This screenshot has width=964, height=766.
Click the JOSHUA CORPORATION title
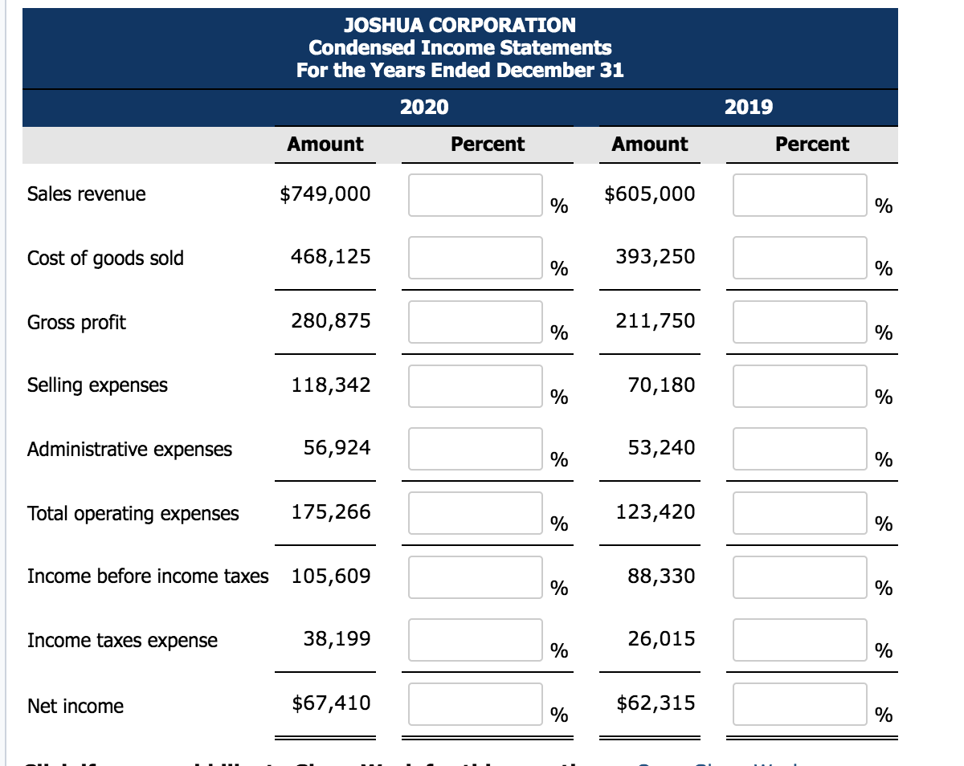460,26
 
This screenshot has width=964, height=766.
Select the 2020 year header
424,107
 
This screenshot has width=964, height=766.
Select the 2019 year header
749,107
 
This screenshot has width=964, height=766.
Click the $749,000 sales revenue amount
325,194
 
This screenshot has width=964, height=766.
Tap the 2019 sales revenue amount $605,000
650,194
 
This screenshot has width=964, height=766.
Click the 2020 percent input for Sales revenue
476,195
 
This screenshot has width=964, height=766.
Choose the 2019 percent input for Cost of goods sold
800,258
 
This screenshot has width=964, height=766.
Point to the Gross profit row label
76,323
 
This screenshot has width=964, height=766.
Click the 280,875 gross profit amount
331,321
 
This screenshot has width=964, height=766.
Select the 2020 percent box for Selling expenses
476,386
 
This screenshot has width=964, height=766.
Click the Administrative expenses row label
129,450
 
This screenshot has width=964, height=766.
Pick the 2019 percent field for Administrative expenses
800,449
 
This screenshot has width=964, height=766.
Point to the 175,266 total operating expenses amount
331,512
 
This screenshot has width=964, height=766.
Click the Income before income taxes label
148,577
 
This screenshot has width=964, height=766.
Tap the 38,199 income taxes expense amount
337,639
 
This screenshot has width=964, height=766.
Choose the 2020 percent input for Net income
476,704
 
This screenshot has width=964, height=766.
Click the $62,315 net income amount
656,703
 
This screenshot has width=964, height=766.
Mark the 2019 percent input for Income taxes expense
800,640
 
